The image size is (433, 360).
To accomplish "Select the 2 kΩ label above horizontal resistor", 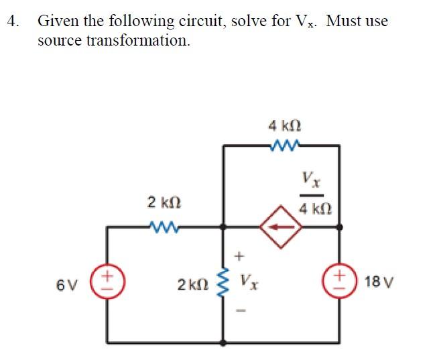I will [163, 202].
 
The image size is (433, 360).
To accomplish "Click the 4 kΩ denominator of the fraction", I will [312, 209].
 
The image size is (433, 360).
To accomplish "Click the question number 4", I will [11, 21].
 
